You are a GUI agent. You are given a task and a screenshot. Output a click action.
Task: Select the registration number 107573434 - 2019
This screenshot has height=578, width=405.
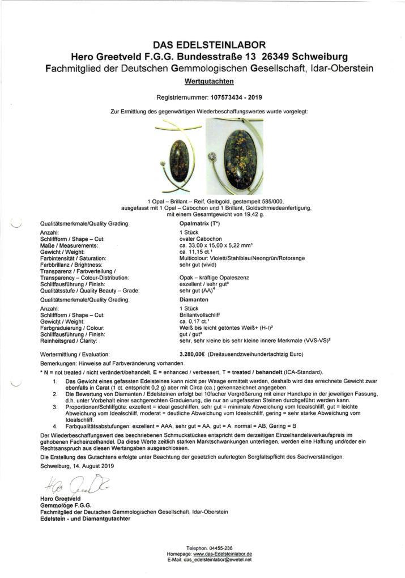point(232,97)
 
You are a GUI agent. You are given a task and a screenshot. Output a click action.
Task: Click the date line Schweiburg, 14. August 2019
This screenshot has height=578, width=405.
point(78,466)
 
